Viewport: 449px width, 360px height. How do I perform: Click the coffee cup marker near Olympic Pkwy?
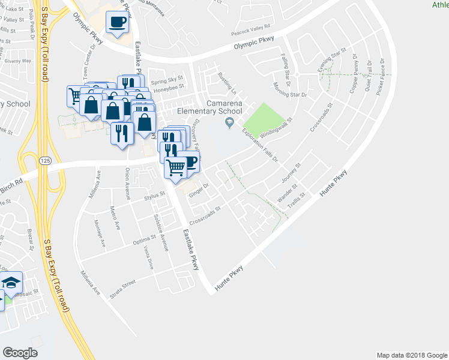117,23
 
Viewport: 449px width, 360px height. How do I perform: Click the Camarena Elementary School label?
226,107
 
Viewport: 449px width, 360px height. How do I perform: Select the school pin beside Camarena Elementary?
228,124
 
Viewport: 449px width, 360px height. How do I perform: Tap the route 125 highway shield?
45,161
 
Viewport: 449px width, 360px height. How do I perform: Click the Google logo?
20,353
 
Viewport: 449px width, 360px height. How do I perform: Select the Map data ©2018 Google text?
411,355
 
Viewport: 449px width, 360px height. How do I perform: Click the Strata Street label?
122,292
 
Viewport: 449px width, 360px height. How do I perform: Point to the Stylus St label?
154,194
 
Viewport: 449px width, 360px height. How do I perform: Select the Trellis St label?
298,199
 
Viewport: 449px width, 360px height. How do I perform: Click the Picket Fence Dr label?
380,78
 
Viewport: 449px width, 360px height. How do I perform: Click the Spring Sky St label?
167,79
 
